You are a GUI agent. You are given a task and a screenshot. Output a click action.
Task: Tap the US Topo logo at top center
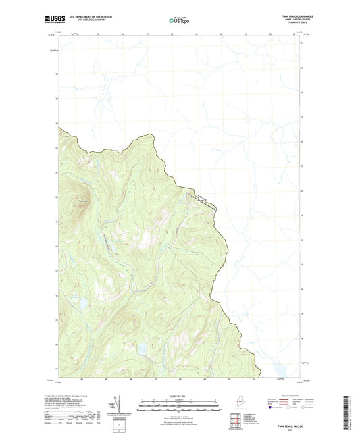180,21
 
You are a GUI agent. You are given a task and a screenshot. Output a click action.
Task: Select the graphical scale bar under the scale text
180,408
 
